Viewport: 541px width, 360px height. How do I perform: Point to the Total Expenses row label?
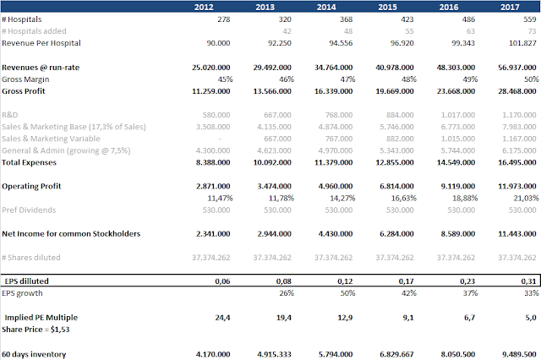33,161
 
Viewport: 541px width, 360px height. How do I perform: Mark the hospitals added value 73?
533,30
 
